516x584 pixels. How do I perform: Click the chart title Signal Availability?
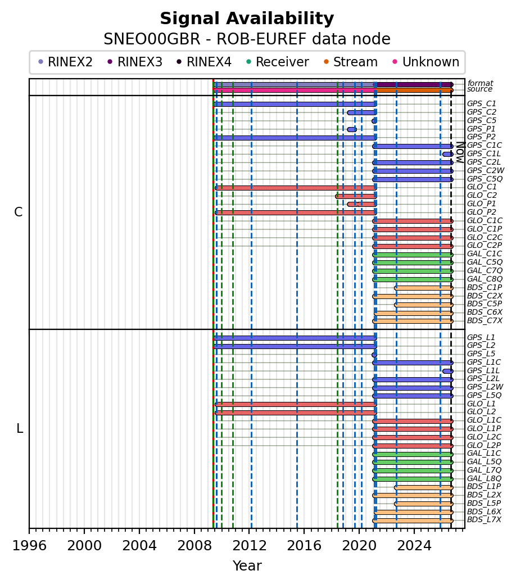pyautogui.click(x=247, y=19)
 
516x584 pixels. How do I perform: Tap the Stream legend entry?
pyautogui.click(x=351, y=62)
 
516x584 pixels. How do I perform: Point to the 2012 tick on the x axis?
pyautogui.click(x=250, y=528)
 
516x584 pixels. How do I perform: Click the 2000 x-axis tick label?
pyautogui.click(x=84, y=546)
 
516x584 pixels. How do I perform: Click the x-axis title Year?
pyautogui.click(x=247, y=566)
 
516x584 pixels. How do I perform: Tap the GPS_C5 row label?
pyautogui.click(x=481, y=121)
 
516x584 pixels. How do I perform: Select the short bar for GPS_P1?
pyautogui.click(x=352, y=130)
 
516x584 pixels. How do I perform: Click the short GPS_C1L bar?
pyautogui.click(x=448, y=154)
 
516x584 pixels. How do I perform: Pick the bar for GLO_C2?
pyautogui.click(x=356, y=196)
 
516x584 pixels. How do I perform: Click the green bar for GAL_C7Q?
pyautogui.click(x=413, y=271)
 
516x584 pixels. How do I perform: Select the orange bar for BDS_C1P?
pyautogui.click(x=424, y=288)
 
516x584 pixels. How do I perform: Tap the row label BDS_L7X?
pyautogui.click(x=484, y=520)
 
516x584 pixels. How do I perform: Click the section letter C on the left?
pyautogui.click(x=18, y=212)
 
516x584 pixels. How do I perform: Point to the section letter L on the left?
pyautogui.click(x=20, y=429)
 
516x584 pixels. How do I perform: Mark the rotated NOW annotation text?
pyautogui.click(x=460, y=152)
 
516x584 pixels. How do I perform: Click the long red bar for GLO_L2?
pyautogui.click(x=296, y=413)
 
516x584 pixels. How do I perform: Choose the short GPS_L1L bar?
pyautogui.click(x=448, y=372)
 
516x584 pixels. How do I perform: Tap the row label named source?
pyautogui.click(x=480, y=89)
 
